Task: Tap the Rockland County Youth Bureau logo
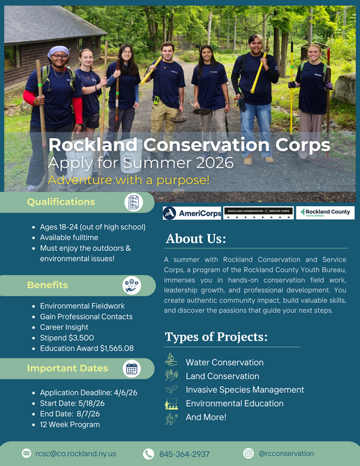325,213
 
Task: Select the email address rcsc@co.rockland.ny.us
76,453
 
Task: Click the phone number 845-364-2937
184,454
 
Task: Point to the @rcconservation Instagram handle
286,453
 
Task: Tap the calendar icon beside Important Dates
132,369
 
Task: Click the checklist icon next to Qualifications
133,202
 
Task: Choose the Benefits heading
47,285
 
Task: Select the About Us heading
195,239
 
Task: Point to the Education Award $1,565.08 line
86,349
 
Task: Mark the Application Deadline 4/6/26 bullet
88,392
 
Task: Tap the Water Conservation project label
224,363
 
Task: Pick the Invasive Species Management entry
245,390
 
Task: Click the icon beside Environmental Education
171,404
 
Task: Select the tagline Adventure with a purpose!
129,180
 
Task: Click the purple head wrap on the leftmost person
59,51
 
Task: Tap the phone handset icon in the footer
148,454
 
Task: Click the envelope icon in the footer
26,453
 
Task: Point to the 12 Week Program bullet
69,424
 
